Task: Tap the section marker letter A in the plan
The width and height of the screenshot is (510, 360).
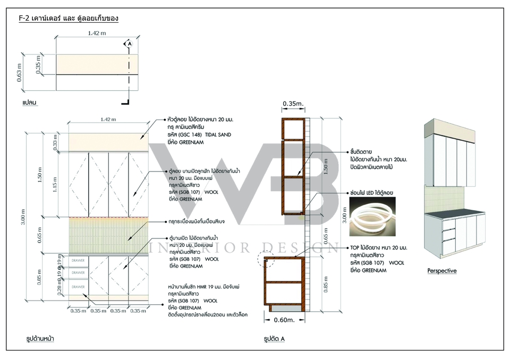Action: (x=128, y=45)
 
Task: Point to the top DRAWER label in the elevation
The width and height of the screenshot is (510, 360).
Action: (x=78, y=260)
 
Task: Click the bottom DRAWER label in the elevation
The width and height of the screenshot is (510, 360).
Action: (x=78, y=287)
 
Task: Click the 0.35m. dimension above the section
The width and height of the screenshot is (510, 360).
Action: (x=292, y=103)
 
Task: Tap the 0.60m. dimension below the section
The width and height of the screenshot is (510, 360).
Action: (x=286, y=320)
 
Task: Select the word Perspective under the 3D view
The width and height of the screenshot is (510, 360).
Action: (x=442, y=271)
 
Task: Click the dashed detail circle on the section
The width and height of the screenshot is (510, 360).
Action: (x=265, y=260)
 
